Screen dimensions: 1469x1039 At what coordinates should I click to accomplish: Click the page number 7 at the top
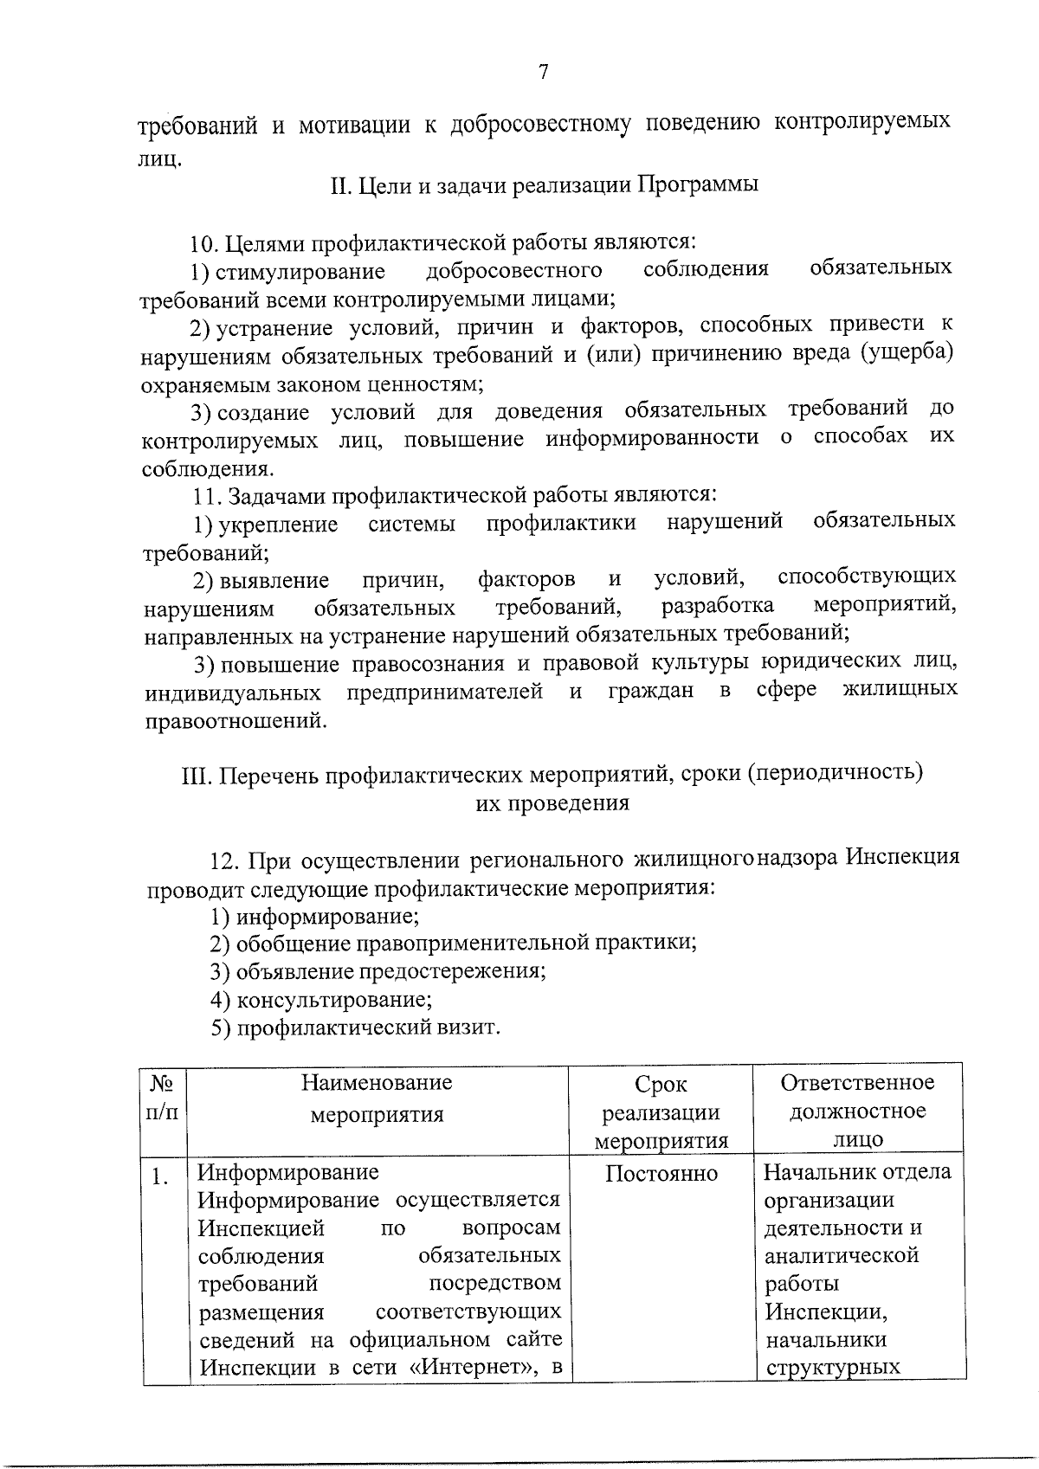(x=544, y=73)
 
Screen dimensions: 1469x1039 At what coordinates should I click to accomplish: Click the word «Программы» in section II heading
(x=698, y=185)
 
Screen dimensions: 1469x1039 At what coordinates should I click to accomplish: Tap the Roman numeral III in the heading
(x=196, y=773)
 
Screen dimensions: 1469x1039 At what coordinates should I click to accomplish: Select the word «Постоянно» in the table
(x=661, y=1174)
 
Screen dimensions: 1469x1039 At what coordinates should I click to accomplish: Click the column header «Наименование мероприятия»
(x=377, y=1098)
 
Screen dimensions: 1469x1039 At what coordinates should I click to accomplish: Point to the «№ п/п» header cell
(x=165, y=1097)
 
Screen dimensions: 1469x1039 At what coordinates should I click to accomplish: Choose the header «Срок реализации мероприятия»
(x=661, y=1112)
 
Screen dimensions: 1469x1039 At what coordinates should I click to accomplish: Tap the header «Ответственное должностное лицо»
(x=857, y=1111)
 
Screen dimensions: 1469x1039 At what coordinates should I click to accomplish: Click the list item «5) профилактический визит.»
(x=356, y=1028)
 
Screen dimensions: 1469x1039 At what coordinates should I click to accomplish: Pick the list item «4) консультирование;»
(x=321, y=1001)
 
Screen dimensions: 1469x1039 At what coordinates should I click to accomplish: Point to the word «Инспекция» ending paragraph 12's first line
(x=901, y=857)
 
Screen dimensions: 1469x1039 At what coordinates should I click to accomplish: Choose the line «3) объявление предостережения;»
(x=378, y=971)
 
